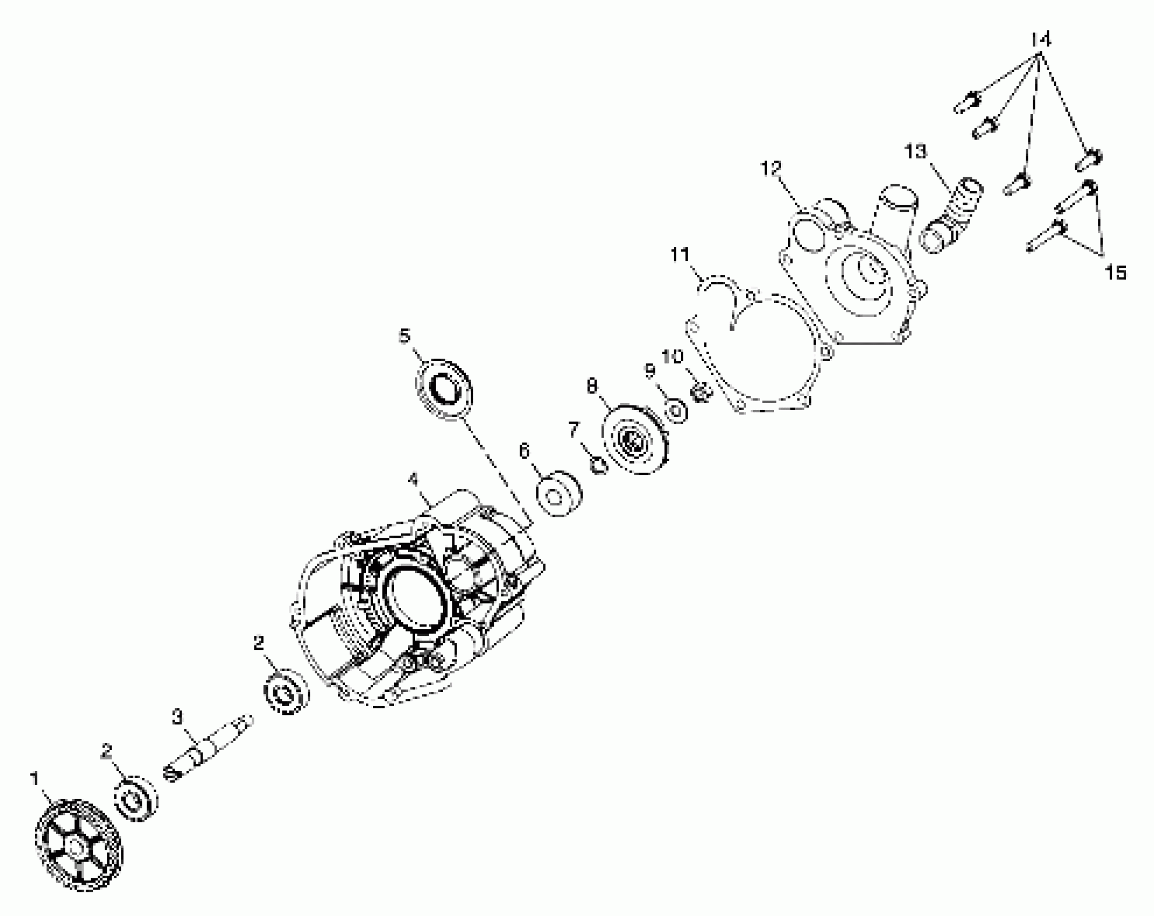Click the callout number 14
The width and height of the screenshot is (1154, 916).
[1041, 40]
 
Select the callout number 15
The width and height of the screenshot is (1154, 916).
[1115, 273]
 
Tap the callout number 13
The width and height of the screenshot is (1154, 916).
[915, 152]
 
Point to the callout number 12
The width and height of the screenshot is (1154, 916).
[771, 168]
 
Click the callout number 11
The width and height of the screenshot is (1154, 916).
[680, 254]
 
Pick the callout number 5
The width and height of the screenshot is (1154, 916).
[404, 336]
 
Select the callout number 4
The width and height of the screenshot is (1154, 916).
[413, 479]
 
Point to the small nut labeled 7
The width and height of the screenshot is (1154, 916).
[599, 464]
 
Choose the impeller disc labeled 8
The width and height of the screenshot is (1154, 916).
[636, 440]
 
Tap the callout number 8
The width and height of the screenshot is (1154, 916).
[592, 386]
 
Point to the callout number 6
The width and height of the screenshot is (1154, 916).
[524, 450]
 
